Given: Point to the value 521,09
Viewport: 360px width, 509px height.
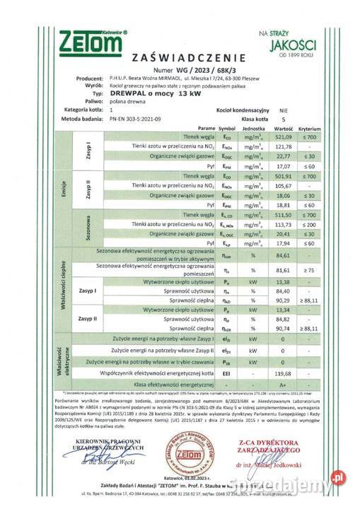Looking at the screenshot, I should tap(283, 136).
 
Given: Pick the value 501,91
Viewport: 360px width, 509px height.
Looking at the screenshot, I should tap(283, 175).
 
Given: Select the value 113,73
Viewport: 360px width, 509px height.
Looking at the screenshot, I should tap(283, 223).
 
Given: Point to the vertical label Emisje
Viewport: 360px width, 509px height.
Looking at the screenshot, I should tap(64, 189).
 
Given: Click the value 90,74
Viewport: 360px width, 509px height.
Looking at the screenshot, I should tap(283, 327).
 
